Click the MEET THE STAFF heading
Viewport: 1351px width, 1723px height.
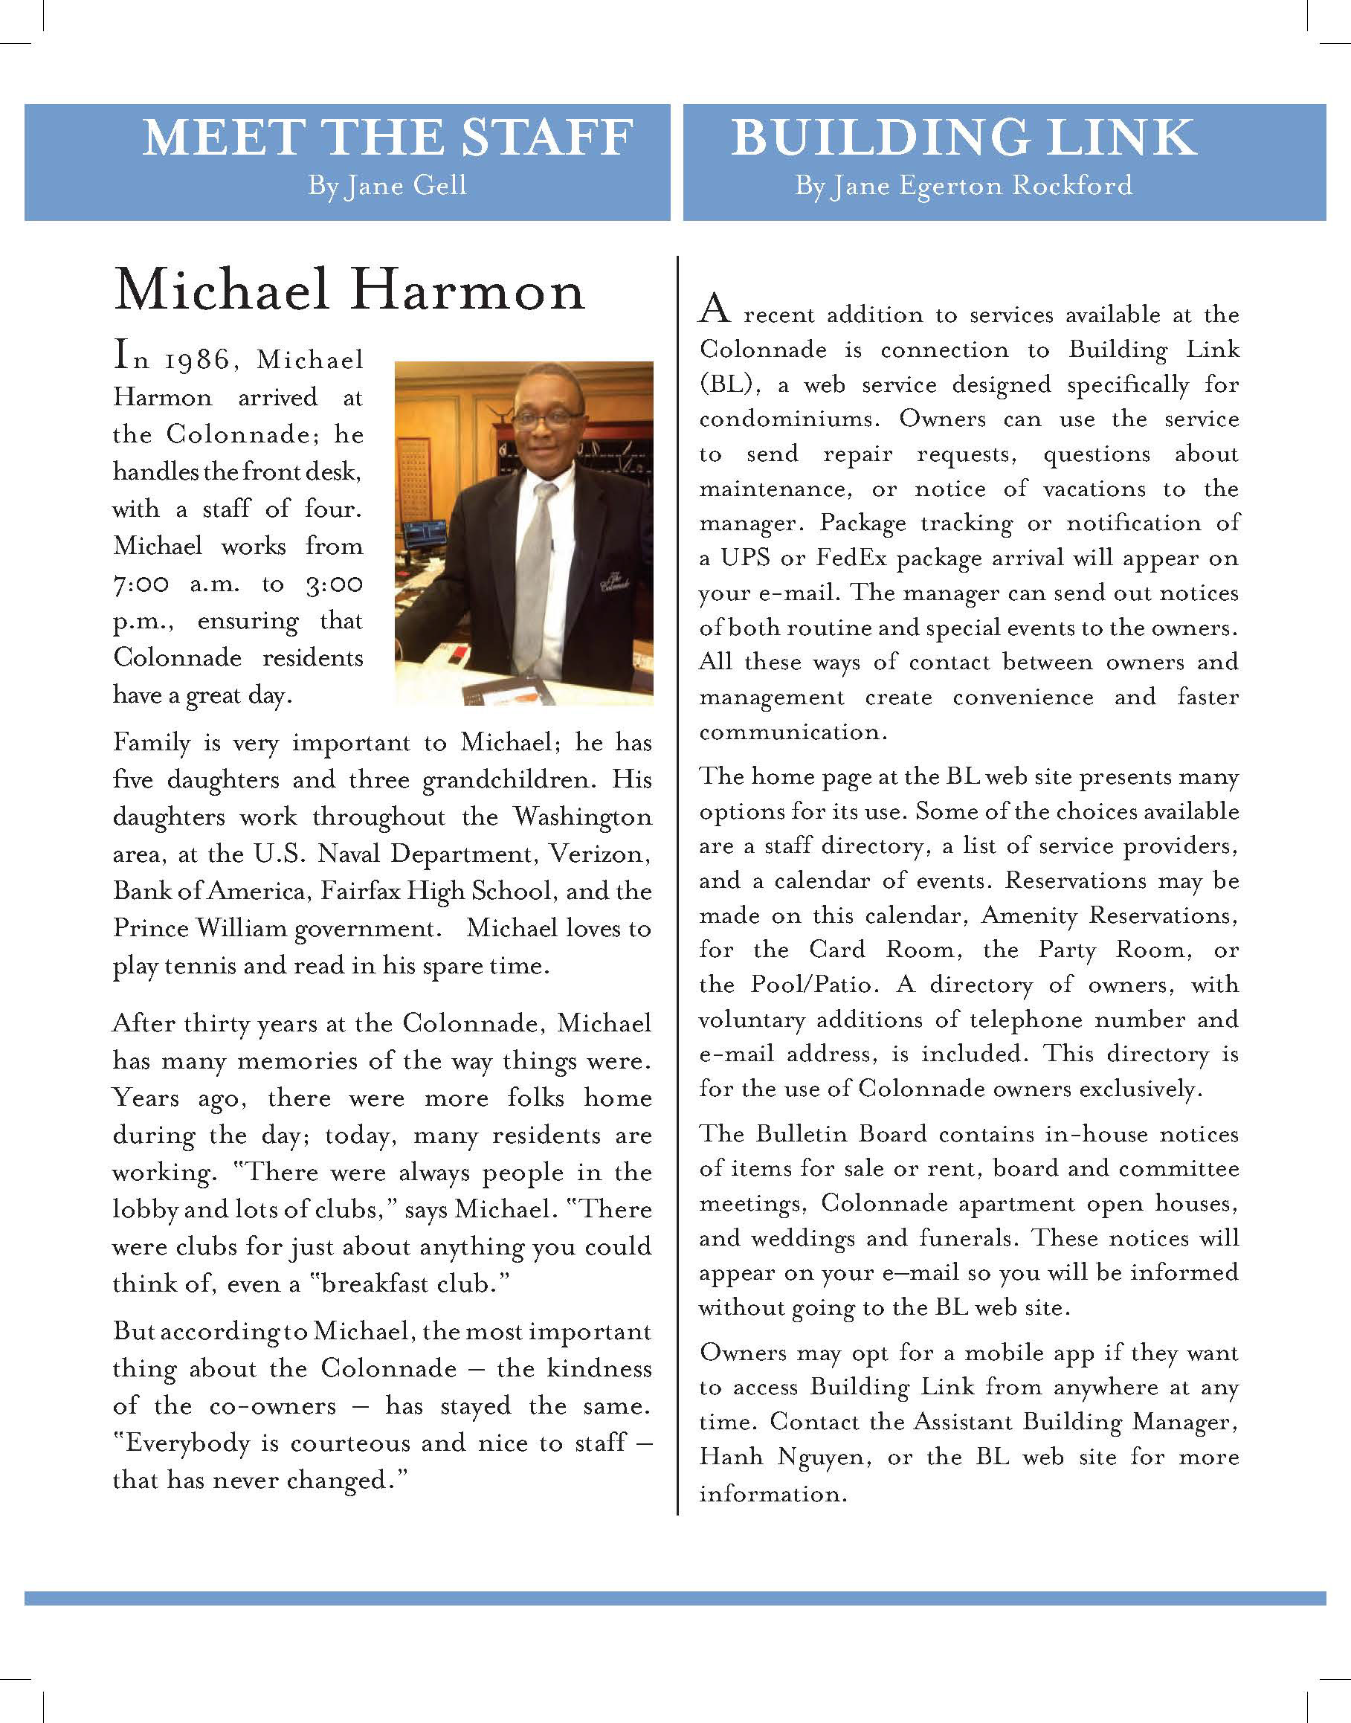click(x=387, y=138)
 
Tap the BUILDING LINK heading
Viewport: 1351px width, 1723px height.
click(x=963, y=138)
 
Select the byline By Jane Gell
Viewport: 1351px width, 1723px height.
click(x=387, y=186)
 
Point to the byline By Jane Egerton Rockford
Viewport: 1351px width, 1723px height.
click(x=964, y=186)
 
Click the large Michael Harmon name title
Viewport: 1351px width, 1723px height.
click(x=349, y=290)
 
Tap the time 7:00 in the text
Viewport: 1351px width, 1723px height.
click(x=141, y=584)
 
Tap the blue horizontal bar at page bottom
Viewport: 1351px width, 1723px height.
click(x=674, y=1599)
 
